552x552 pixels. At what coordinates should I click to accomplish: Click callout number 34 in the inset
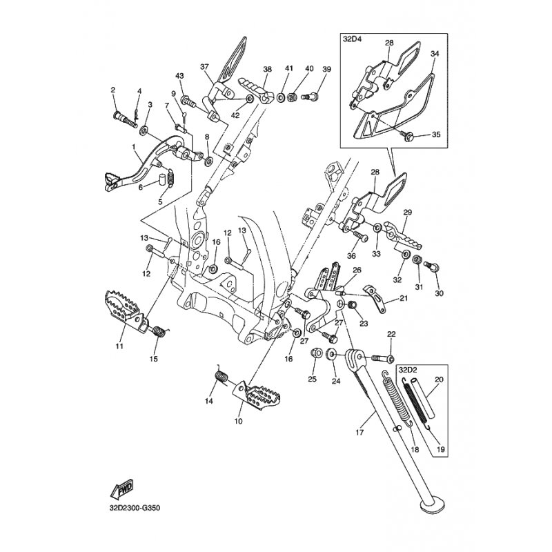pos(434,53)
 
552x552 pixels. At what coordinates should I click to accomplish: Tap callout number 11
pos(119,346)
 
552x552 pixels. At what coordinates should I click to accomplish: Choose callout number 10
pos(239,420)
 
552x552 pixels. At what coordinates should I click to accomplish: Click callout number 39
pos(326,69)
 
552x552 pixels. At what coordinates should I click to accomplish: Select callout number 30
pos(439,293)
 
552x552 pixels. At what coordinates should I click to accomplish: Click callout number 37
pos(204,66)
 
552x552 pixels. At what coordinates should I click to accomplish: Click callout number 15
pos(154,359)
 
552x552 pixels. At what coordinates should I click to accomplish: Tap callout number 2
pos(113,90)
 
